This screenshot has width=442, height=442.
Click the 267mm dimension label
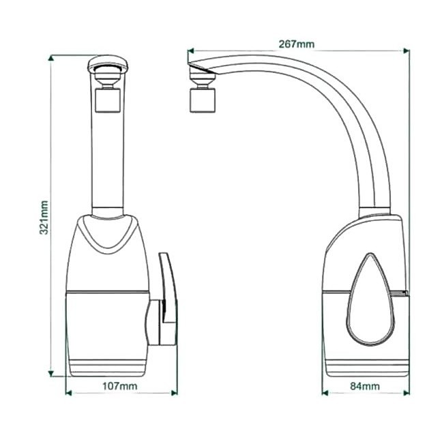[x=296, y=44]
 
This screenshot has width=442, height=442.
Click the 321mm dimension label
[x=44, y=218]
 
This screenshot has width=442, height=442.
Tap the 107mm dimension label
[x=120, y=386]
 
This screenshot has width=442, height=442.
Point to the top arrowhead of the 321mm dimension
[x=51, y=57]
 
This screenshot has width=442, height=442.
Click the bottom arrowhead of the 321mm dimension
[x=51, y=374]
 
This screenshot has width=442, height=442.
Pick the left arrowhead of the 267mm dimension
[x=191, y=50]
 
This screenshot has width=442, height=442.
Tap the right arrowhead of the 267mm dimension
[x=407, y=50]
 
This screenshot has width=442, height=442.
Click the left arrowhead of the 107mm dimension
[x=68, y=393]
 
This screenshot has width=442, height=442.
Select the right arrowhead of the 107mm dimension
[x=175, y=393]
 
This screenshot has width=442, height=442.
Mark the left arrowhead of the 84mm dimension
[x=325, y=393]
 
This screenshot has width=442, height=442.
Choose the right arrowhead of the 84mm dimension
[x=407, y=393]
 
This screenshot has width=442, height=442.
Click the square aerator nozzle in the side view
[x=203, y=100]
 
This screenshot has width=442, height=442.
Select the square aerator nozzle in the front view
[x=107, y=100]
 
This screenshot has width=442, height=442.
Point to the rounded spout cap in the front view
[x=107, y=63]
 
